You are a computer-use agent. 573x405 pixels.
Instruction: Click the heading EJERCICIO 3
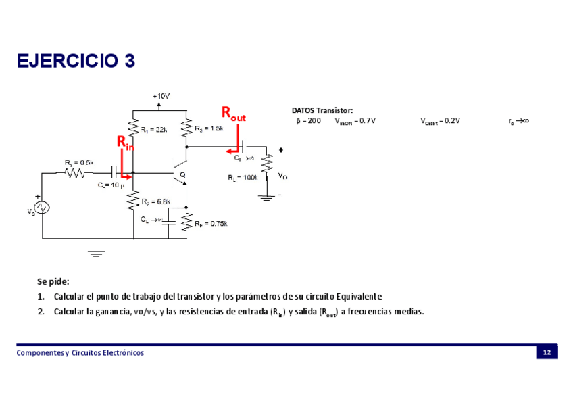click(x=76, y=61)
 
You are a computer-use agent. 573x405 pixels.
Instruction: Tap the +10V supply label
click(x=160, y=96)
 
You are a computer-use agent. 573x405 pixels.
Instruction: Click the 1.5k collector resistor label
click(x=209, y=129)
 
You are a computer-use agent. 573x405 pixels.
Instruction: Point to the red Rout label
click(x=234, y=113)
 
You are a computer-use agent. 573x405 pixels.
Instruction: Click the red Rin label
click(x=125, y=143)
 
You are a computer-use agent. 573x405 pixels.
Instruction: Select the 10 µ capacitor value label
click(x=108, y=185)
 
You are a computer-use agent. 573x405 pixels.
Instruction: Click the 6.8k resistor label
click(x=156, y=201)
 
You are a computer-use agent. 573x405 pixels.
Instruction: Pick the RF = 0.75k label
click(x=210, y=224)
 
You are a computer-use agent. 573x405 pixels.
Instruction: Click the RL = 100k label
click(x=243, y=178)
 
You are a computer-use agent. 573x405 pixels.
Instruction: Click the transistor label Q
click(x=182, y=175)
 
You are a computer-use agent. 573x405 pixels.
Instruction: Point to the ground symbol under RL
click(x=267, y=197)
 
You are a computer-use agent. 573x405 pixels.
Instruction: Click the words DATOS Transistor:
click(x=322, y=110)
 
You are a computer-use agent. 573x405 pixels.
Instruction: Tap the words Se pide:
click(x=53, y=281)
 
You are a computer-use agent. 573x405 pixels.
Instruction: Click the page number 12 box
click(x=547, y=352)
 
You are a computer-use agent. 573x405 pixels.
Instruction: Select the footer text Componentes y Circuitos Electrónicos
click(x=80, y=353)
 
